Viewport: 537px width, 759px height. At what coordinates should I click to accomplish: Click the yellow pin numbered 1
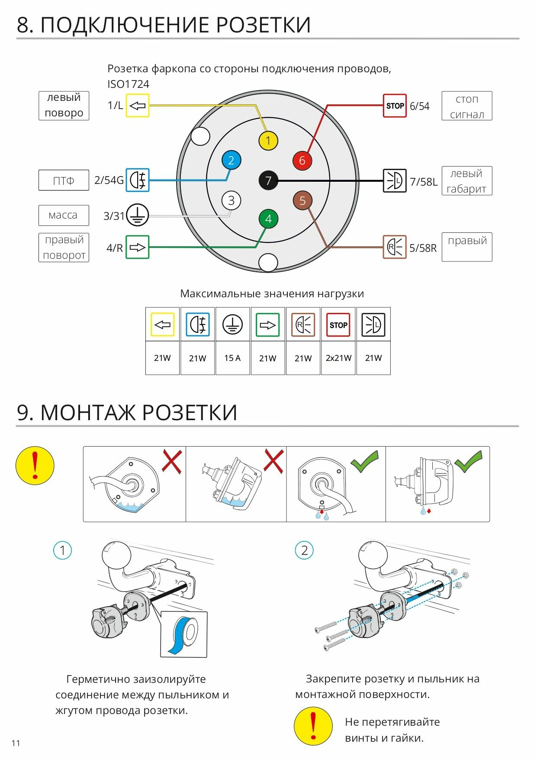[x=268, y=141]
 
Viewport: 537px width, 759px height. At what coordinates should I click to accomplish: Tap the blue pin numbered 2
[x=231, y=161]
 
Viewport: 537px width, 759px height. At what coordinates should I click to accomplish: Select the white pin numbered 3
[x=231, y=200]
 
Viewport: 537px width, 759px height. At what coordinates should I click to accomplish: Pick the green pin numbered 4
[x=268, y=219]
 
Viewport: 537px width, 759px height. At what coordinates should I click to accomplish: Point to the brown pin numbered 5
[x=302, y=200]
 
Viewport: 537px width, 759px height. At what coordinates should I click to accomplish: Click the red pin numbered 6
[x=302, y=161]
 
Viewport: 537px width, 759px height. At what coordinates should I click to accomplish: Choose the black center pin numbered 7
[x=268, y=180]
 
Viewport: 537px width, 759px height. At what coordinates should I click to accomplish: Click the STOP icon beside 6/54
[x=395, y=106]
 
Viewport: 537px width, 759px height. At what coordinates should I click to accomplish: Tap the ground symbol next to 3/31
[x=137, y=215]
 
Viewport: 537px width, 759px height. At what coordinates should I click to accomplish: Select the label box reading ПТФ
[x=64, y=180]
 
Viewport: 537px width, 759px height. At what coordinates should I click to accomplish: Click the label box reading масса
[x=64, y=215]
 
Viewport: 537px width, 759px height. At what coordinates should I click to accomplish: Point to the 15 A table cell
[x=232, y=358]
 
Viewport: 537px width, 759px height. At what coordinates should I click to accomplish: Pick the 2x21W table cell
[x=338, y=358]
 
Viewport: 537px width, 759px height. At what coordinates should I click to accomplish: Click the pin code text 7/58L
[x=424, y=182]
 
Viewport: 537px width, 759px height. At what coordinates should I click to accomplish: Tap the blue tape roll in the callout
[x=184, y=634]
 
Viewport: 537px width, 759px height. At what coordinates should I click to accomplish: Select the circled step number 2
[x=304, y=550]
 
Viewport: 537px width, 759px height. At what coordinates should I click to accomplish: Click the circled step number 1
[x=62, y=550]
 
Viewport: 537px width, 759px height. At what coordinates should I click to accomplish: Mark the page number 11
[x=16, y=743]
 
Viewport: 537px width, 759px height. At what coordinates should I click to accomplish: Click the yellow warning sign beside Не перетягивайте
[x=313, y=726]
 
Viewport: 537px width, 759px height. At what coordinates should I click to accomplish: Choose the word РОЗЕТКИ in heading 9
[x=190, y=412]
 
